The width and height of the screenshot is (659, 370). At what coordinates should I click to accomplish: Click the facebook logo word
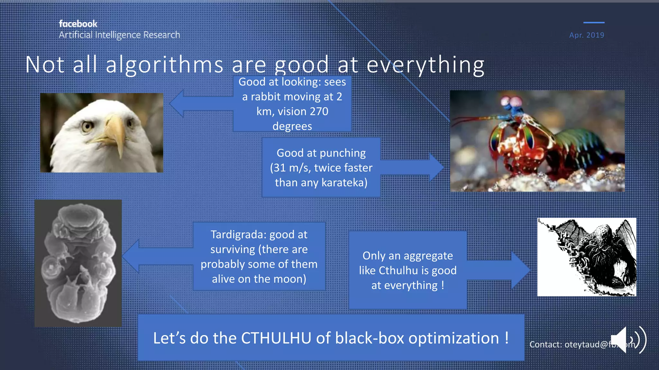point(78,24)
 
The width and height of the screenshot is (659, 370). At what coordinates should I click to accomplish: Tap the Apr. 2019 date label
point(587,35)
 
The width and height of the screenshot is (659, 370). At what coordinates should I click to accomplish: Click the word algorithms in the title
point(164,65)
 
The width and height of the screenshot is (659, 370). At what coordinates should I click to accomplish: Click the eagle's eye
point(87,126)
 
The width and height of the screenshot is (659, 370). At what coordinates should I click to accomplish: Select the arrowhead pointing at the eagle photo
point(177,103)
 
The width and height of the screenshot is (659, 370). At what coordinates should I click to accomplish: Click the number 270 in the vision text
point(319,111)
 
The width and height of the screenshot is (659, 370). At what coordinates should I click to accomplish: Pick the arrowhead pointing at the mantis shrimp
point(436,167)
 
